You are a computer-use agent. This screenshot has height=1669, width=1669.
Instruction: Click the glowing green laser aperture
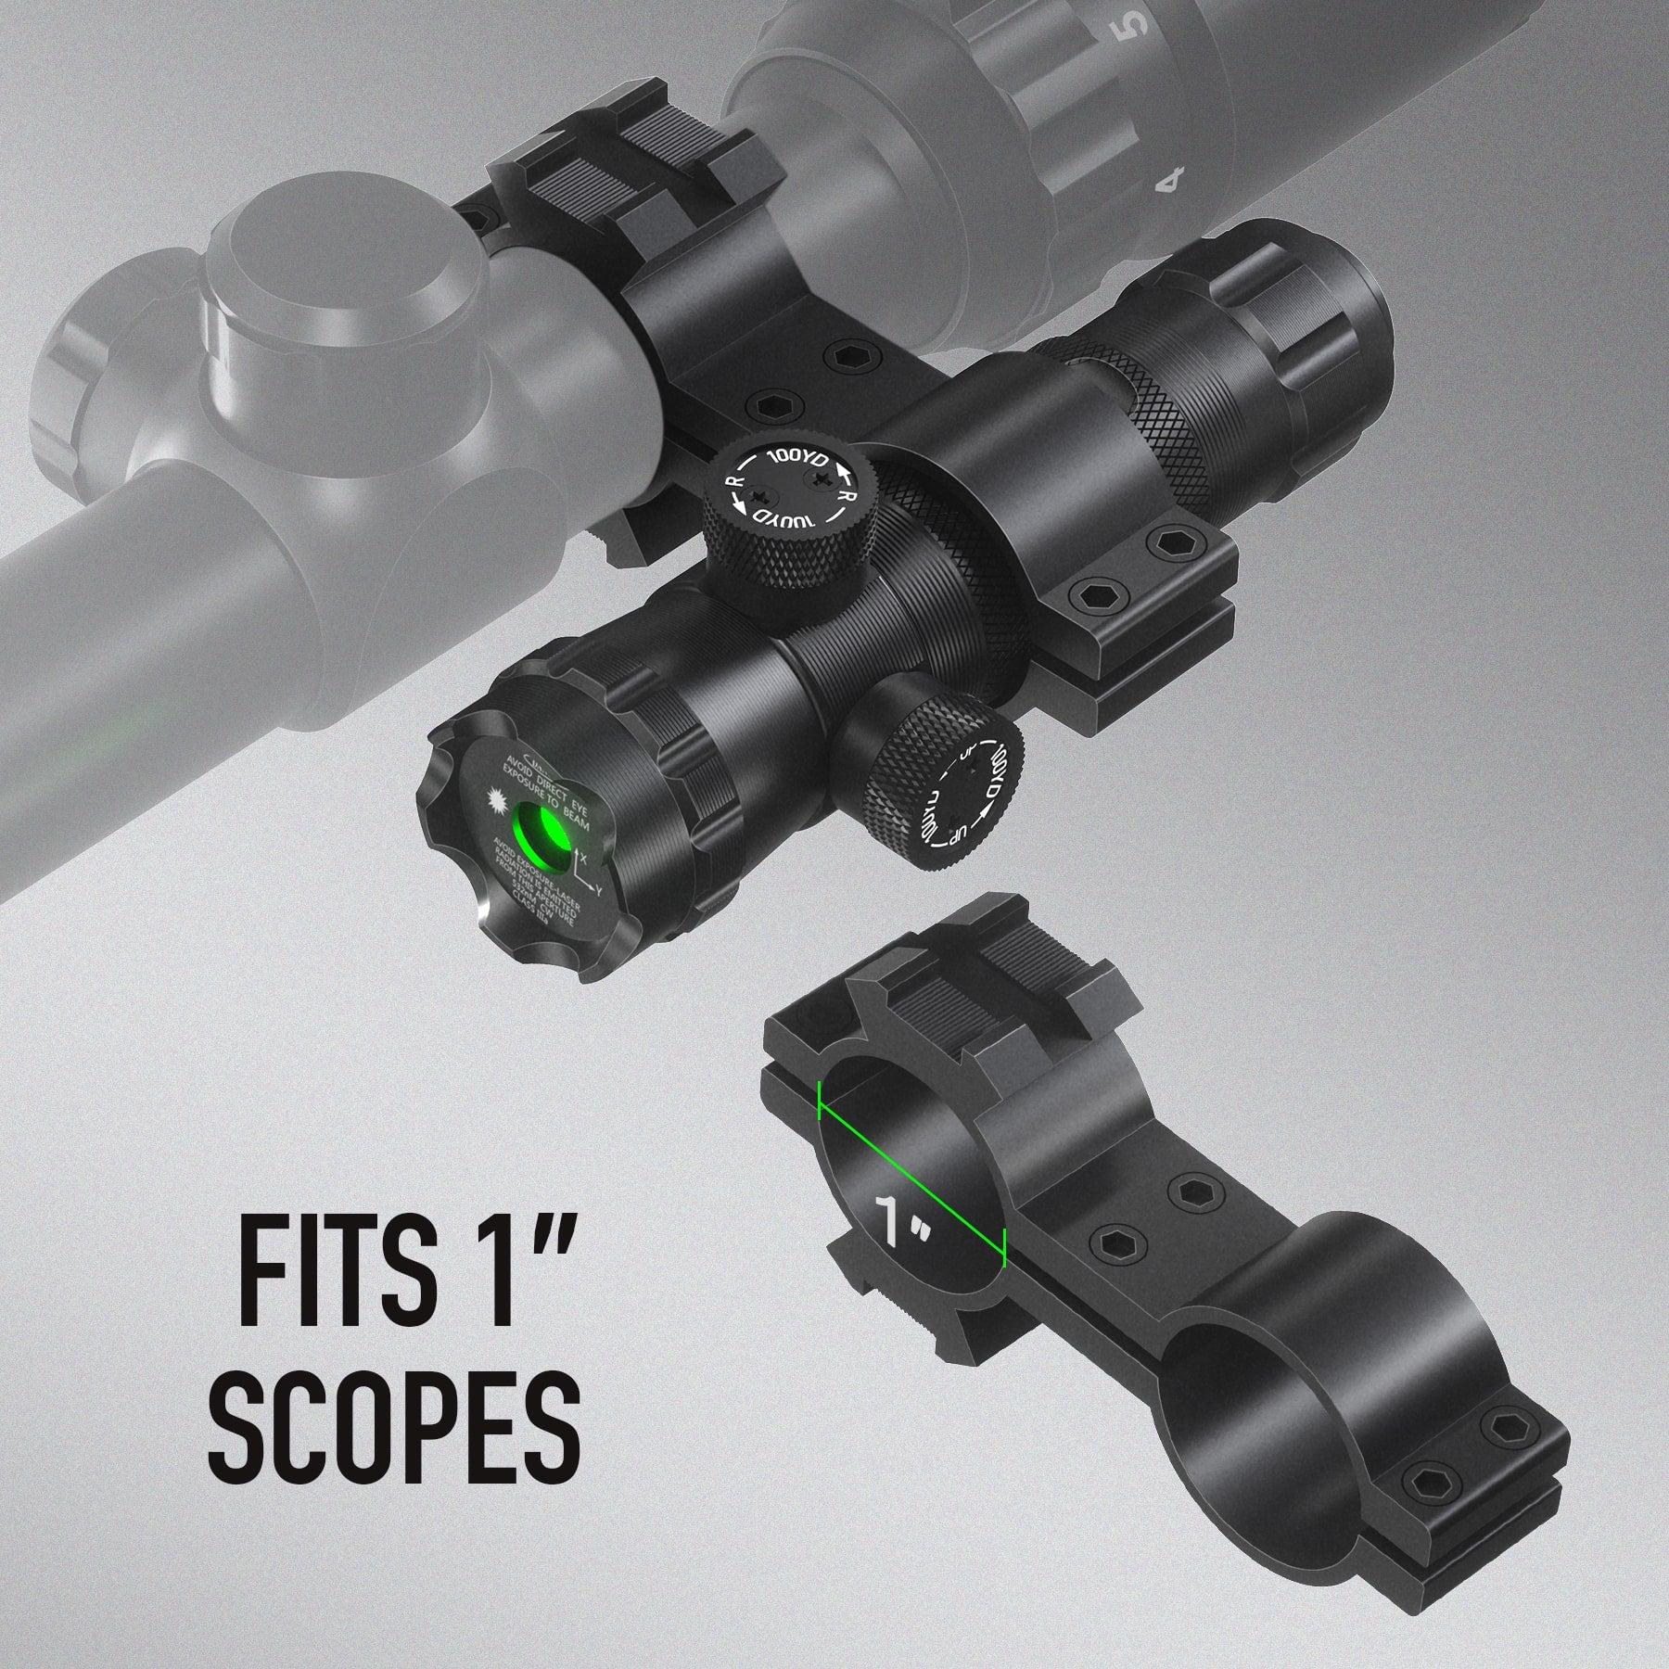tap(541, 833)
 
